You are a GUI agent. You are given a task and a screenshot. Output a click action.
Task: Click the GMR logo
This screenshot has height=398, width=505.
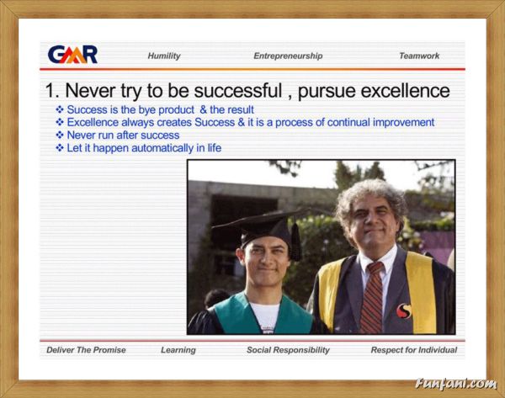(72, 55)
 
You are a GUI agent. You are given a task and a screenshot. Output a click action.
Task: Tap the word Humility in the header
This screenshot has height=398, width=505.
(164, 56)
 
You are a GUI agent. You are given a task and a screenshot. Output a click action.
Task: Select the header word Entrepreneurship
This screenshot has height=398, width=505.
(288, 56)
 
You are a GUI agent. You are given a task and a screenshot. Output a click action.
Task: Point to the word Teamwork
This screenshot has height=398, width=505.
(419, 56)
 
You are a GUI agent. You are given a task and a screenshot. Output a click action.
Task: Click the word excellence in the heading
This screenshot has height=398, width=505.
(405, 91)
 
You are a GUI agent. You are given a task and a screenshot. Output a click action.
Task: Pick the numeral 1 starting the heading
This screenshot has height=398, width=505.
(50, 91)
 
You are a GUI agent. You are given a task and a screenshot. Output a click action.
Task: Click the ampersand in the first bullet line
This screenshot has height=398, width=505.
(203, 109)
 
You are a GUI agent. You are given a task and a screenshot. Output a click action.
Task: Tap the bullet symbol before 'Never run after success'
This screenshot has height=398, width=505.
(60, 135)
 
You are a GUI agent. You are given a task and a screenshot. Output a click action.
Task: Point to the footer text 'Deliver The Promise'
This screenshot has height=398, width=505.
(86, 350)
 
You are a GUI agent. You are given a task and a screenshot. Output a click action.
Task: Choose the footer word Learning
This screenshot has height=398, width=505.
(178, 350)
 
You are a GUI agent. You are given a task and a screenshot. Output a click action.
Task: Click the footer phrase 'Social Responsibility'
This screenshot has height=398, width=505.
(288, 350)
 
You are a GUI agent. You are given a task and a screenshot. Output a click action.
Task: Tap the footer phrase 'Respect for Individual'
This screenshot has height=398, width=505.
(414, 350)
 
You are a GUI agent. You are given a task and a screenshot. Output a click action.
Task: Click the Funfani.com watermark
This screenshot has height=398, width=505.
(455, 384)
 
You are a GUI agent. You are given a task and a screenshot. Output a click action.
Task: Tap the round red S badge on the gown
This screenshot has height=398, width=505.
(404, 311)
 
